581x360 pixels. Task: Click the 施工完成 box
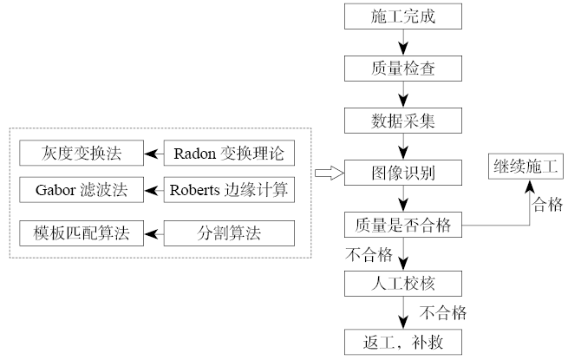403,16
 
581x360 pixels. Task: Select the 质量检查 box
403,67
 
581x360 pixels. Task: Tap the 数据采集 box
403,119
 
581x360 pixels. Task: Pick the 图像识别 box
403,172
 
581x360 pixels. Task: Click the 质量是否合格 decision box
403,224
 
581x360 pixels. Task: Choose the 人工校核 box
403,285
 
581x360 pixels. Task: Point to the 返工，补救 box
403,340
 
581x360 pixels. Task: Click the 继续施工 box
527,164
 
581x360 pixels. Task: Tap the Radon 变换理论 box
229,154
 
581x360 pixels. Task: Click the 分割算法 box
229,233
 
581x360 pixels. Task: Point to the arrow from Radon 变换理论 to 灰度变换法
154,154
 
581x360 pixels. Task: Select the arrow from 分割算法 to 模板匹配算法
154,233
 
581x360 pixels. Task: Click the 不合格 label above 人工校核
362,254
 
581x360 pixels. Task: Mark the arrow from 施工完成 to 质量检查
403,42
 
